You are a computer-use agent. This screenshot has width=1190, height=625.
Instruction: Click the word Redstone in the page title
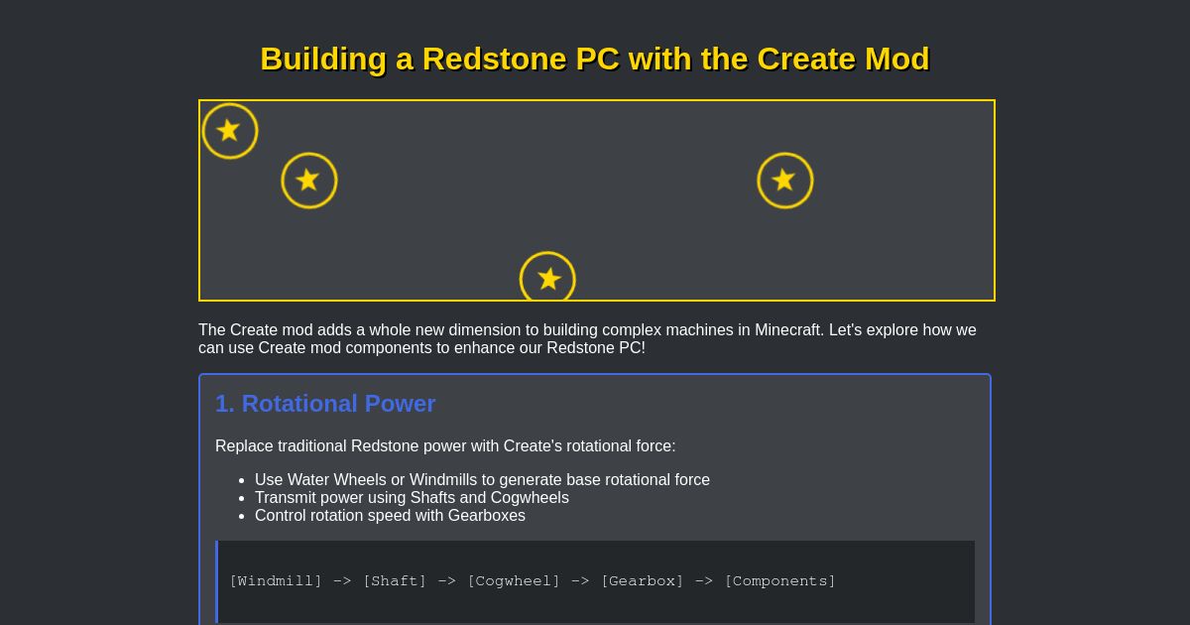coord(495,60)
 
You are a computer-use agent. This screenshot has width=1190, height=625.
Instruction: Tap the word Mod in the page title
coord(896,60)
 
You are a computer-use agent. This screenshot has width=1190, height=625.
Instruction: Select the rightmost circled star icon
coord(784,181)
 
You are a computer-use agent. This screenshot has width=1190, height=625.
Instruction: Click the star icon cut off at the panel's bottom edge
coord(547,278)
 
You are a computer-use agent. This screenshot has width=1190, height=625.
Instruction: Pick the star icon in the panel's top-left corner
coord(230,131)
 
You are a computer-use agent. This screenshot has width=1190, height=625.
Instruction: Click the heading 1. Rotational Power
coord(325,404)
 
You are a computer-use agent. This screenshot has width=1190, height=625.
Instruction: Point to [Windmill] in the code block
coord(276,581)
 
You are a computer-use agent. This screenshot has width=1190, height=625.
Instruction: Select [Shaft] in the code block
coord(395,581)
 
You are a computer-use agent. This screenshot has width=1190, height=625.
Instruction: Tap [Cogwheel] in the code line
coord(514,581)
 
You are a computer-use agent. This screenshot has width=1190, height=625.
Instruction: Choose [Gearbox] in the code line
coord(643,581)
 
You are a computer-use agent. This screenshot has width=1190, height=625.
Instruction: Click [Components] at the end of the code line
coord(780,581)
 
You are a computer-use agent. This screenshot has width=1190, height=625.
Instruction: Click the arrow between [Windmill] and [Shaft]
coord(342,581)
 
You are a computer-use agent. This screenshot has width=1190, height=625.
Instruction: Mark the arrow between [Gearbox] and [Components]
coord(704,581)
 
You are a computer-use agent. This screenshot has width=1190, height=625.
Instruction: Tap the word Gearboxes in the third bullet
coord(486,516)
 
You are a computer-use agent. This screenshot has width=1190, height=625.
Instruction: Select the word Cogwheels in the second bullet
coord(530,498)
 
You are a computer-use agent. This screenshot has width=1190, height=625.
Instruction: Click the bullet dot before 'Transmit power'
coord(242,498)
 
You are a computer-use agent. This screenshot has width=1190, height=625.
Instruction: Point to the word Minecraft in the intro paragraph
coord(788,330)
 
